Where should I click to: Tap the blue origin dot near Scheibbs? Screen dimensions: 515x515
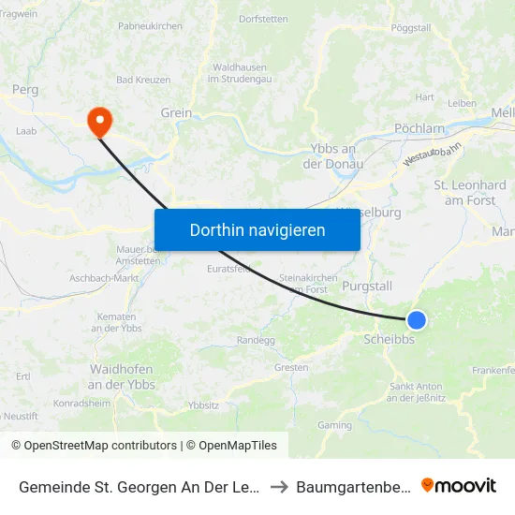417,320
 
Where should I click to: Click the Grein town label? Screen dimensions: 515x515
176,112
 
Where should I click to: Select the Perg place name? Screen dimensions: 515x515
25,91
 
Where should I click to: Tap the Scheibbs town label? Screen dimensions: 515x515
389,340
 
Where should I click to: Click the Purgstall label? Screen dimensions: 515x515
367,286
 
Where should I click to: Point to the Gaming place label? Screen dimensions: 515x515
334,425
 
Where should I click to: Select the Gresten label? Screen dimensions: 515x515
291,368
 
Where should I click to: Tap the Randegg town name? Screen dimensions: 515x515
256,340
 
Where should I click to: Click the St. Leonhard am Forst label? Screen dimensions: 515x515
470,193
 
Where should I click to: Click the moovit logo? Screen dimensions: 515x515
458,485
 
